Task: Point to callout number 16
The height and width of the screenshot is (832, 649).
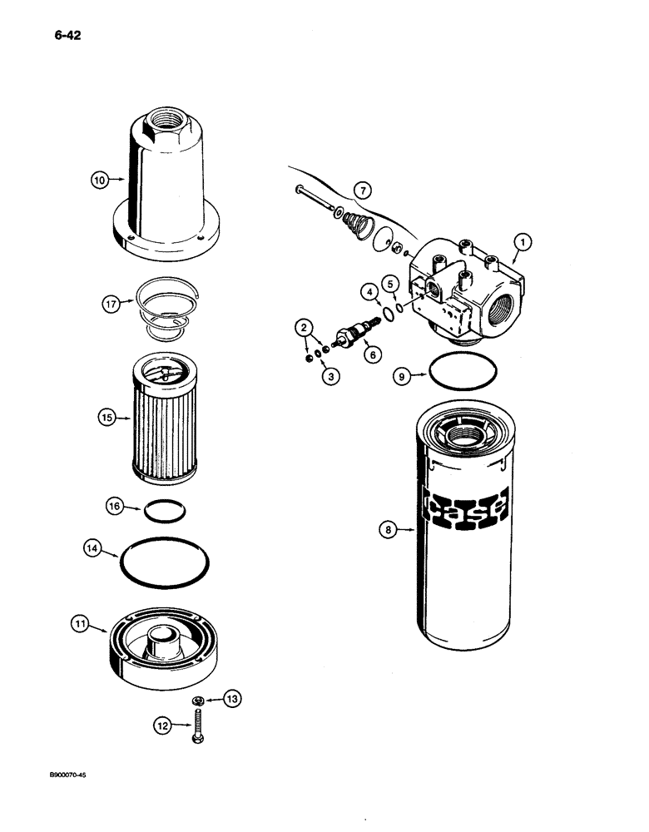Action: coord(116,506)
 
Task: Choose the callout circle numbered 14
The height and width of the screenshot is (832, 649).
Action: coord(95,548)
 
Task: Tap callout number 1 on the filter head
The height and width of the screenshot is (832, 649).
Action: coord(523,242)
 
